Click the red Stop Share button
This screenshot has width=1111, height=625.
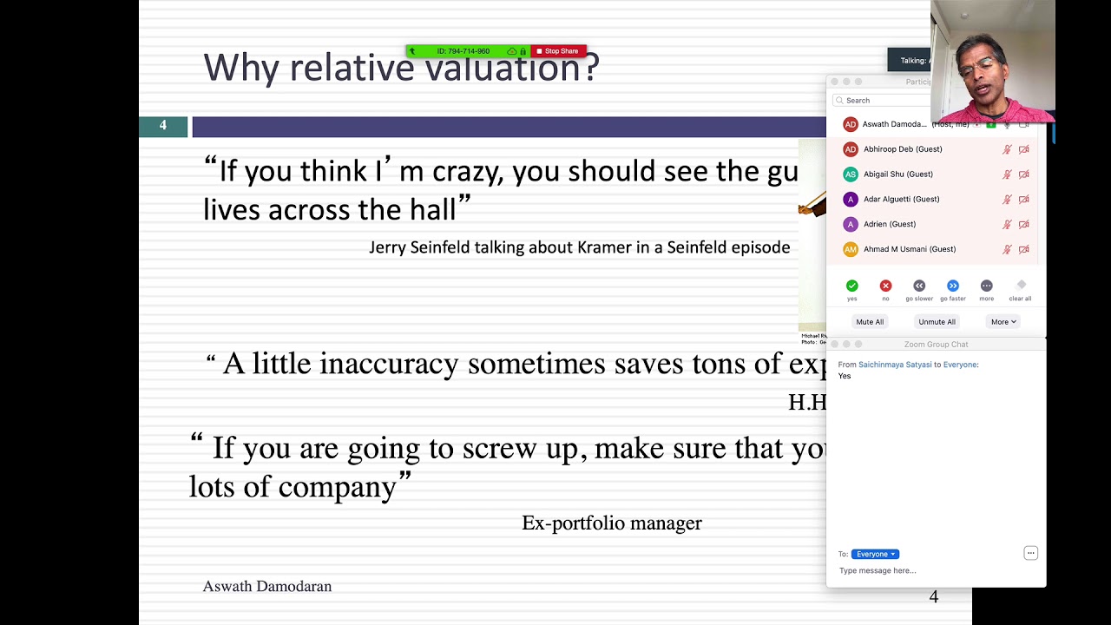click(x=558, y=51)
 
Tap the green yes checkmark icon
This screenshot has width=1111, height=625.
click(x=851, y=286)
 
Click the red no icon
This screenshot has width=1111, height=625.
click(x=885, y=286)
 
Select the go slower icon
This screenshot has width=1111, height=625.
click(x=919, y=286)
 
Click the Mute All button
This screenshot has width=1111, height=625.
click(x=870, y=322)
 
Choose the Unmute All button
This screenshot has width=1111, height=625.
click(x=937, y=322)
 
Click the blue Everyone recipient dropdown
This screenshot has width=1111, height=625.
click(x=875, y=554)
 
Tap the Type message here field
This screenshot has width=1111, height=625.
click(x=920, y=570)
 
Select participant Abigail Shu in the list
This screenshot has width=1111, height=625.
click(x=897, y=174)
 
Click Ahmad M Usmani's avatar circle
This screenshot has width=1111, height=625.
click(x=851, y=249)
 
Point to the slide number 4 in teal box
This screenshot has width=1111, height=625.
click(x=163, y=127)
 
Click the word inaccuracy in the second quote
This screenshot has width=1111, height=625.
click(x=389, y=364)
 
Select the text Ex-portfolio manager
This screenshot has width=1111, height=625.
click(x=611, y=523)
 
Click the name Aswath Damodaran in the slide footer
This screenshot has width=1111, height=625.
click(x=267, y=587)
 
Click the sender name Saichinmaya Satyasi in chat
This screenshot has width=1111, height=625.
click(x=895, y=365)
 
